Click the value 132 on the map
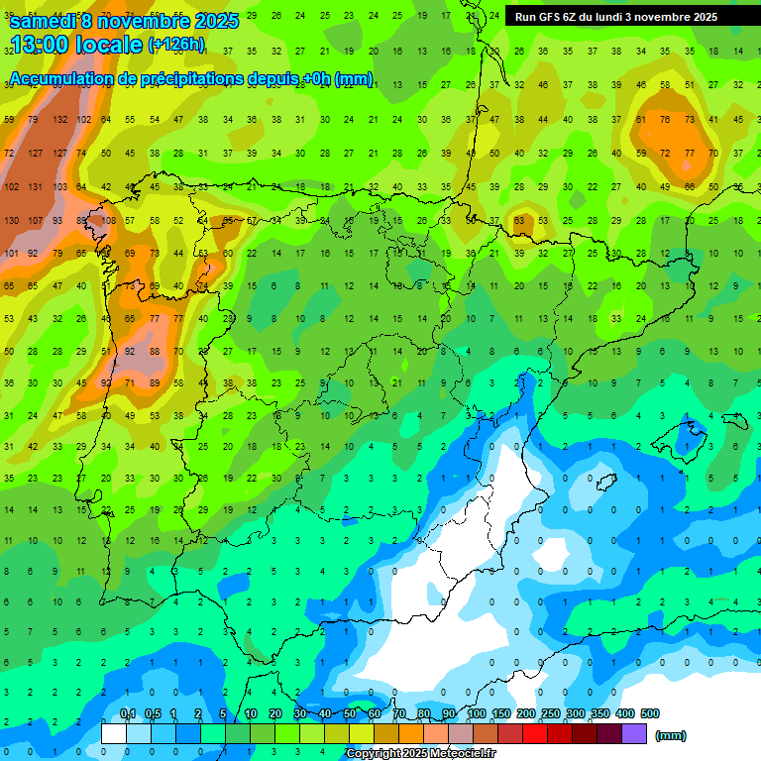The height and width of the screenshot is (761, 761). (60, 119)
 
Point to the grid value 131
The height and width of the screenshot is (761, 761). (37, 187)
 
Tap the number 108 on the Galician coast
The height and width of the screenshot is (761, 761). (108, 220)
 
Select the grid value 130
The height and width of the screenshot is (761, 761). (12, 220)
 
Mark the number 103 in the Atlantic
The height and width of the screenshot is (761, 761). (60, 187)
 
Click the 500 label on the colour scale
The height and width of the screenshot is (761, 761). (650, 713)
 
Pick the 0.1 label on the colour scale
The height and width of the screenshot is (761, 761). (127, 713)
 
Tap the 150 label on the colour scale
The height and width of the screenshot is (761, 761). (501, 713)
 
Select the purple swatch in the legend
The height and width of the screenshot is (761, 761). (634, 733)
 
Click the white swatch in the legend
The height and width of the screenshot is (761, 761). (114, 733)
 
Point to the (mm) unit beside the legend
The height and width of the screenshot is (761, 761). (671, 735)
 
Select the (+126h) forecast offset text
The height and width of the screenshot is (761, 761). (176, 45)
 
